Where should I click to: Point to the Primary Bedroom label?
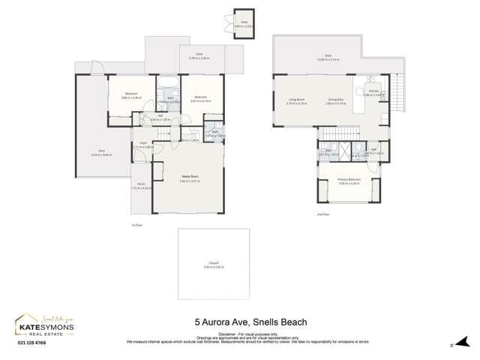tap(349, 179)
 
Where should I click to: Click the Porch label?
tap(141, 187)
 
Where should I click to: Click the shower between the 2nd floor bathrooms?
tap(346, 149)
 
